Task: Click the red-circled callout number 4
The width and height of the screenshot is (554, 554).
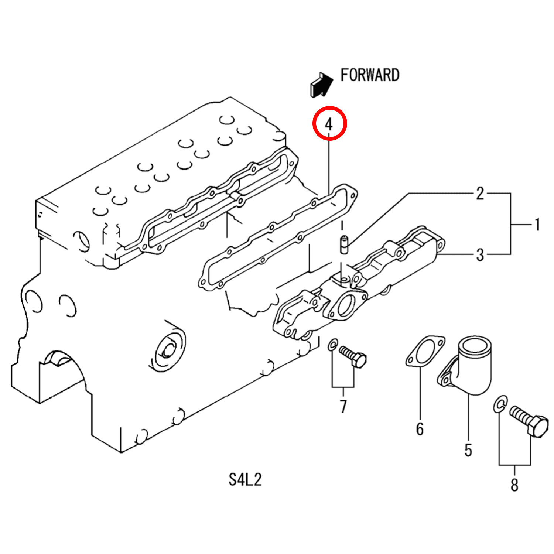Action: [x=329, y=124]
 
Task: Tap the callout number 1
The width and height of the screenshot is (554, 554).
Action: [x=537, y=225]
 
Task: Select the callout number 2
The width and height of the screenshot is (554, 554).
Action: [x=480, y=194]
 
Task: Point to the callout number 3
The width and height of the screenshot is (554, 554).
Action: [x=480, y=255]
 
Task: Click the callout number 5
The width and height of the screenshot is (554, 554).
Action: [x=468, y=450]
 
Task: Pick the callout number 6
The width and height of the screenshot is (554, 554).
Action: [x=420, y=429]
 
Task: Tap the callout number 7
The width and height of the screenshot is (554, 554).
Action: [x=343, y=406]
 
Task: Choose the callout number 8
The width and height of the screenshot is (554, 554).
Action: [x=514, y=485]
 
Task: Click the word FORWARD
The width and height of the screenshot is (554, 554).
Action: [x=370, y=75]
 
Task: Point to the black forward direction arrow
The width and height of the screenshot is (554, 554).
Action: [x=321, y=85]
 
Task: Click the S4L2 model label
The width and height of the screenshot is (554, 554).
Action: [x=245, y=480]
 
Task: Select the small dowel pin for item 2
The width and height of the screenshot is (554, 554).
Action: [x=344, y=244]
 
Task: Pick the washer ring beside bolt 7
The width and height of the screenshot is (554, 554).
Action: [x=332, y=345]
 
